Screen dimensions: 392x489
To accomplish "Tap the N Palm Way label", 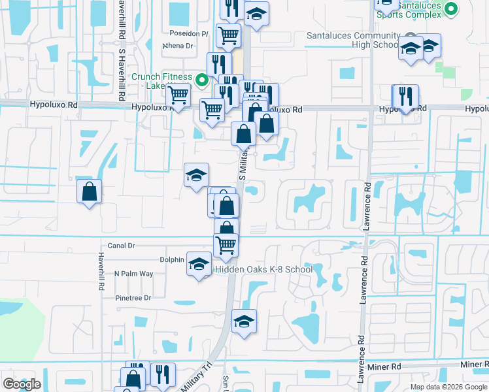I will pyautogui.click(x=133, y=274).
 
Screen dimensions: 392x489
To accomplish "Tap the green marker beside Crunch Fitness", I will pyautogui.click(x=202, y=80).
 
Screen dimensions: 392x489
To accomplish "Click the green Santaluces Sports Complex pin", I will pyautogui.click(x=450, y=9).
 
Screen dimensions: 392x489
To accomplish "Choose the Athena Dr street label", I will pyautogui.click(x=178, y=46).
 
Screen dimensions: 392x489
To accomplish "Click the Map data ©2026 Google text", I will pyautogui.click(x=448, y=387).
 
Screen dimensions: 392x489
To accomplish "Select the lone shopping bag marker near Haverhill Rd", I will pyautogui.click(x=90, y=192).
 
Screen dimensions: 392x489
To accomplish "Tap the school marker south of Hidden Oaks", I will pyautogui.click(x=244, y=321).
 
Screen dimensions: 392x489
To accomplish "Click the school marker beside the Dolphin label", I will pyautogui.click(x=199, y=264).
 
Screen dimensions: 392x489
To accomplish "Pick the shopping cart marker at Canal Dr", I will pyautogui.click(x=226, y=245).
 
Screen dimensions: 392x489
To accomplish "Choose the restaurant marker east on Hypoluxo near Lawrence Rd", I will pyautogui.click(x=406, y=97).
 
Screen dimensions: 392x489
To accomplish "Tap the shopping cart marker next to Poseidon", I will pyautogui.click(x=228, y=35).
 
